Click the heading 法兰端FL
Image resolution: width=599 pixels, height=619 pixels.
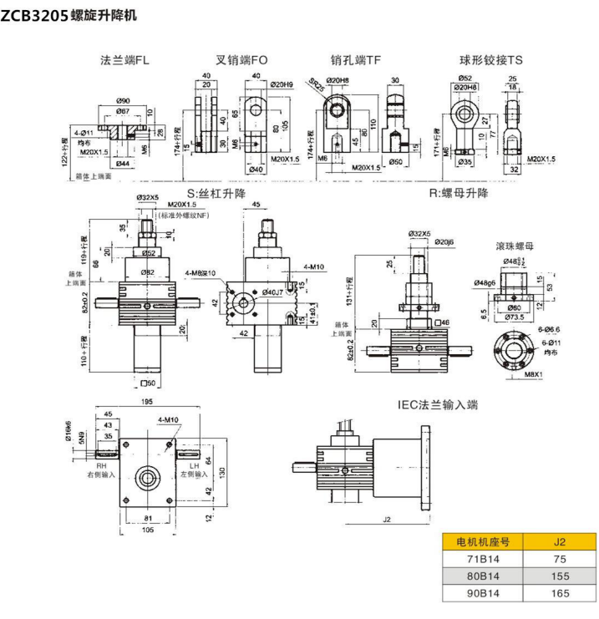(125, 60)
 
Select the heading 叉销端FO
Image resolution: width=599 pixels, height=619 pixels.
(241, 60)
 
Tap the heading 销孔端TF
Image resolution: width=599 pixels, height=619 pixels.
(355, 60)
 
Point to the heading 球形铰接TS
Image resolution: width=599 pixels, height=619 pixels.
(491, 60)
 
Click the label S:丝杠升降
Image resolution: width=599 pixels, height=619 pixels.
(216, 193)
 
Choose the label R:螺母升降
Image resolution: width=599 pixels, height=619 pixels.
(459, 193)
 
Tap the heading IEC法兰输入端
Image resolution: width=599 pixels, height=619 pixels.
(437, 405)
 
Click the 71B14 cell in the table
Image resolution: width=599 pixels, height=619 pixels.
(484, 558)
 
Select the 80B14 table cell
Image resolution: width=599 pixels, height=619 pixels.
(484, 576)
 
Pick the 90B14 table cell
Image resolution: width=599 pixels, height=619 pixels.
(484, 593)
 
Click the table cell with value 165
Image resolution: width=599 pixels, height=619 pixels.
(561, 593)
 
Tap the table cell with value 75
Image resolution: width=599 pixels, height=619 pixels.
(561, 558)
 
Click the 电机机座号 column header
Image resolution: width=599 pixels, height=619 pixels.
(484, 540)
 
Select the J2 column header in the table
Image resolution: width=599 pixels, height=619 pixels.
(561, 540)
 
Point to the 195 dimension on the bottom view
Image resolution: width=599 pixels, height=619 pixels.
(148, 403)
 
